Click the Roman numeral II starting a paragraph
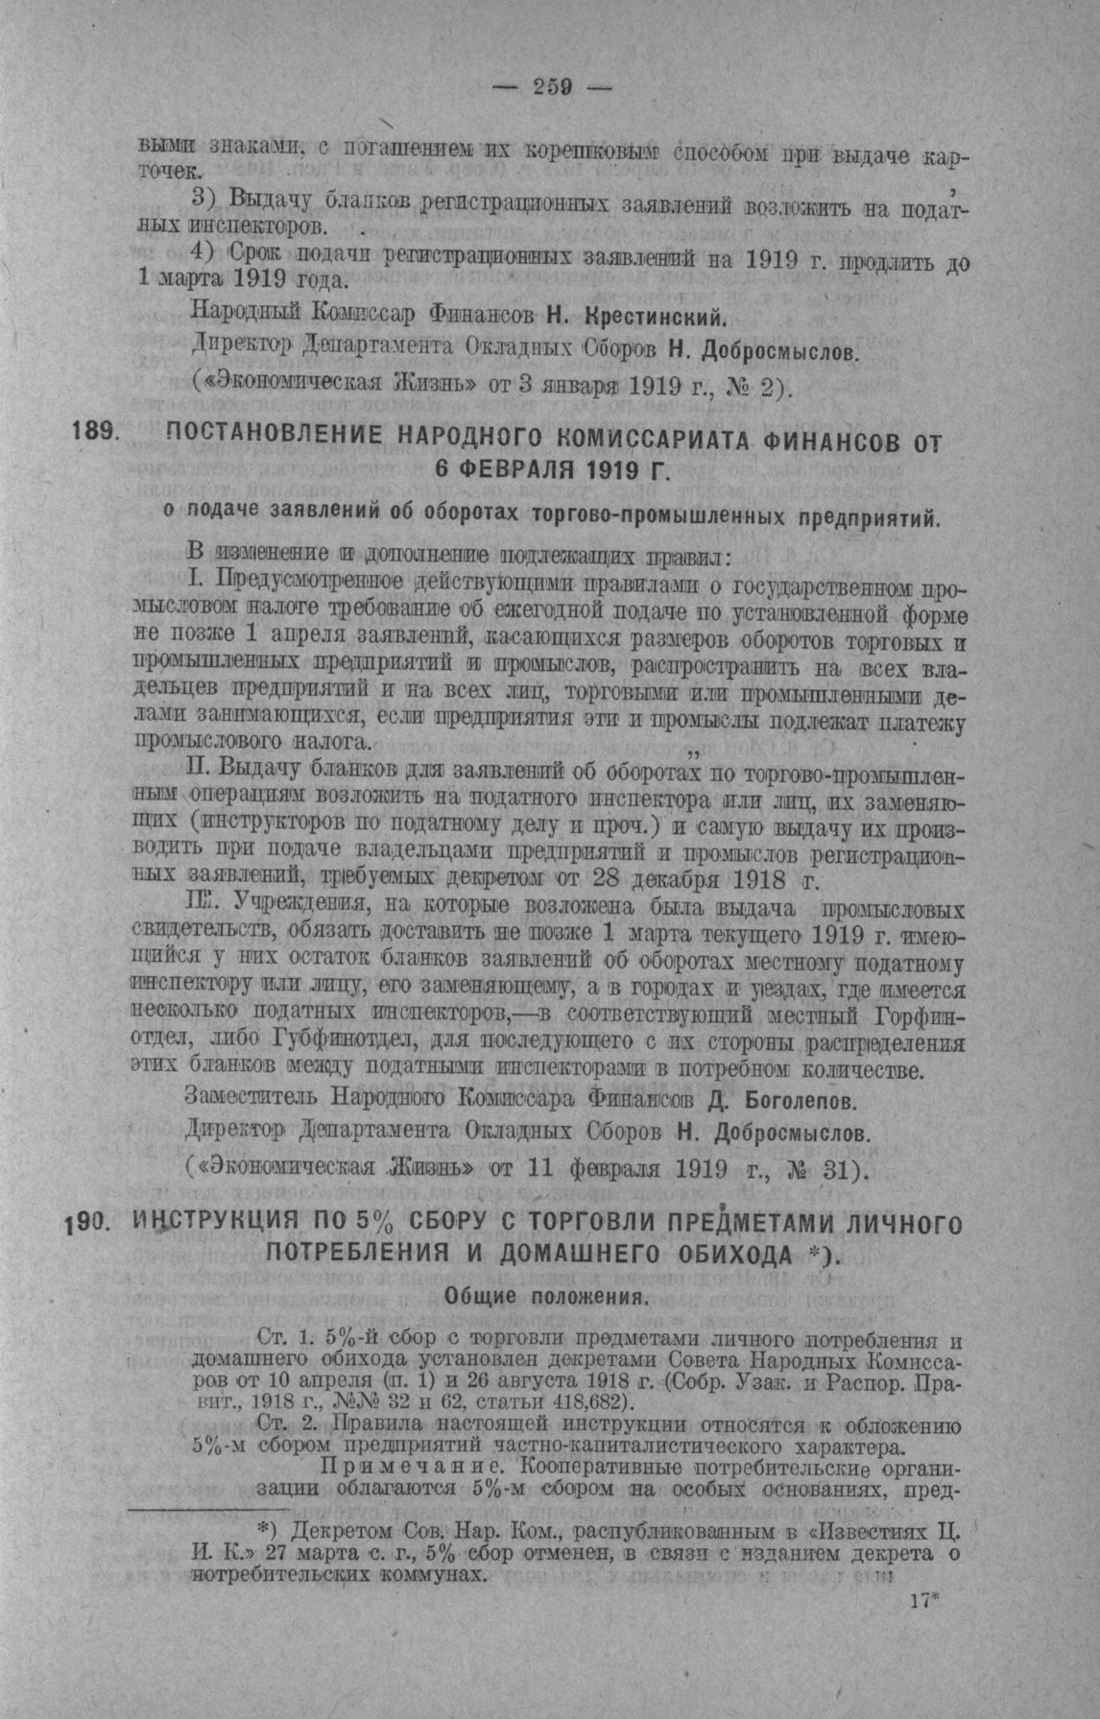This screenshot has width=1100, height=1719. [200, 769]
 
